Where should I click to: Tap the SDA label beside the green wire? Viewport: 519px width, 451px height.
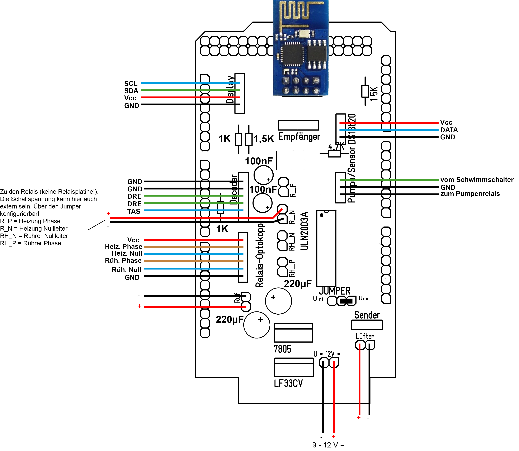[x=131, y=91]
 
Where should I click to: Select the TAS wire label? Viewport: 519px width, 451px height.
[x=134, y=211]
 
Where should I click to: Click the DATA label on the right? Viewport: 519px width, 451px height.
[x=449, y=130]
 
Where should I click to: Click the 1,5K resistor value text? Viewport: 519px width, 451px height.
[x=264, y=139]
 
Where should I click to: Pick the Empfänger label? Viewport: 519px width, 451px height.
[x=299, y=137]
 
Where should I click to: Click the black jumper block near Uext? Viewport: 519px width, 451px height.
[x=346, y=301]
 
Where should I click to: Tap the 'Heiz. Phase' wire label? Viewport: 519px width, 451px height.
[x=123, y=247]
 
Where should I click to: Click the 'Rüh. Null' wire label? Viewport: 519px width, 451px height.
[x=127, y=270]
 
